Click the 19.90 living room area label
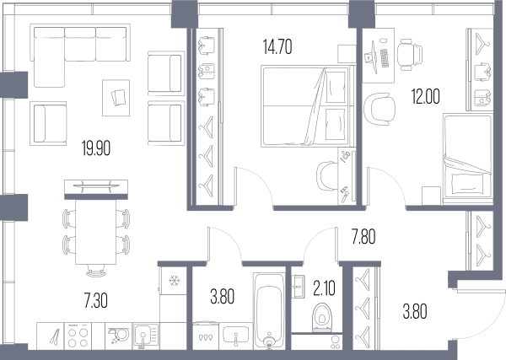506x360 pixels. click(96, 148)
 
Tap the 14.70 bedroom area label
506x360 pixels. click(277, 46)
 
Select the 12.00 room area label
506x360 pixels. click(425, 96)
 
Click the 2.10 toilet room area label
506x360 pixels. click(324, 288)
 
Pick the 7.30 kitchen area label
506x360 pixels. click(96, 301)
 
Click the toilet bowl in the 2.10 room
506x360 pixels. click(322, 317)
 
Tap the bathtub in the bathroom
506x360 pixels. click(270, 311)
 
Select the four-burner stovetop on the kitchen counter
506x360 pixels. click(78, 336)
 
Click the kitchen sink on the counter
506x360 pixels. click(146, 336)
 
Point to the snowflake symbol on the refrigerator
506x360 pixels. click(175, 281)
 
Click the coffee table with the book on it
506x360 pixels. click(116, 98)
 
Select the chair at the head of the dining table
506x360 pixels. click(96, 271)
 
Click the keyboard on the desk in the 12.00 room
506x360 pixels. click(385, 57)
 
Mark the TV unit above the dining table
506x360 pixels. click(96, 190)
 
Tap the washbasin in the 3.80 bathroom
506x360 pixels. click(235, 335)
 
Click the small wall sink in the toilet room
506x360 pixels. click(298, 286)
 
